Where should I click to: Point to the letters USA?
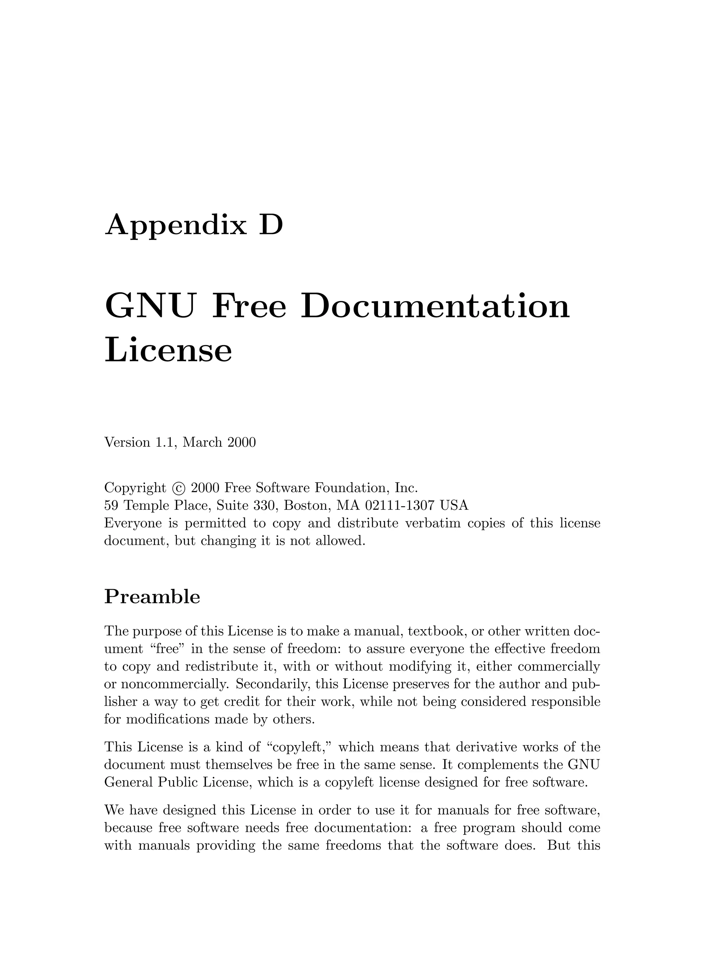click(454, 506)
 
